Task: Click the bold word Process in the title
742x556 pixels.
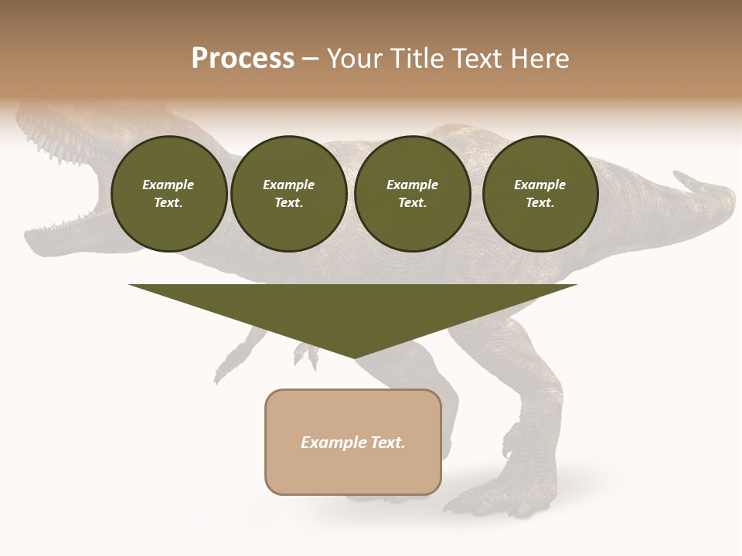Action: [x=243, y=59]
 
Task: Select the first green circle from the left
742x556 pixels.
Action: [x=168, y=194]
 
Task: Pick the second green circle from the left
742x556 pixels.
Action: [x=289, y=194]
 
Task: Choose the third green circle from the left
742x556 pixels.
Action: [x=412, y=194]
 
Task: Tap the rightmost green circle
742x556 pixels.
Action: [x=539, y=194]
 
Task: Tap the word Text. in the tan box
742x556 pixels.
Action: [x=388, y=442]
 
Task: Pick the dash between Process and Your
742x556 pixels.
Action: [x=311, y=59]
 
